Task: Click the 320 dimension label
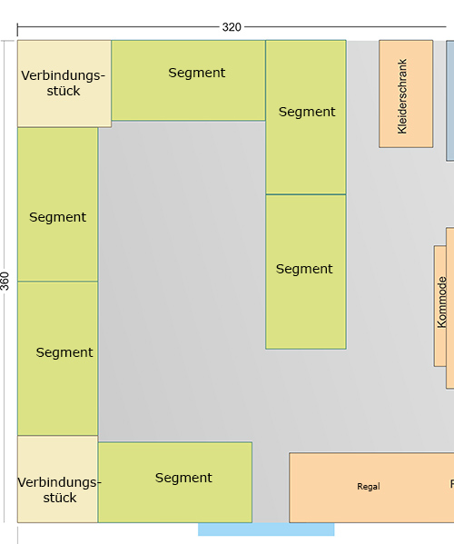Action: click(232, 27)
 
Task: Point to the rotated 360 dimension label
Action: click(5, 281)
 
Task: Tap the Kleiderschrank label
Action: click(402, 96)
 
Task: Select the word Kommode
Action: click(441, 302)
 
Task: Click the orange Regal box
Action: click(371, 488)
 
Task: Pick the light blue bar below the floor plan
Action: click(266, 529)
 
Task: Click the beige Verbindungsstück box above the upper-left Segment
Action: click(64, 84)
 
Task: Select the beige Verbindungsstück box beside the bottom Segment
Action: click(57, 480)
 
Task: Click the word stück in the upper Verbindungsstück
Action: click(64, 91)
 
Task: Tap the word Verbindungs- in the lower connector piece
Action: click(59, 482)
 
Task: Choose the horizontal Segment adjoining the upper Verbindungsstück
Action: click(188, 81)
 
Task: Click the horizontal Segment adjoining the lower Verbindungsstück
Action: click(175, 482)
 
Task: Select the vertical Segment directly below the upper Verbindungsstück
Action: click(57, 204)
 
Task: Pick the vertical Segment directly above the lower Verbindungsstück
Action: click(57, 359)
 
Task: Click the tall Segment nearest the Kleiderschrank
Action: click(306, 117)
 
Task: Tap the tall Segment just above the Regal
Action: click(306, 272)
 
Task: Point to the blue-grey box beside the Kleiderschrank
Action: click(450, 101)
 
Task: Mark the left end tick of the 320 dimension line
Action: click(17, 29)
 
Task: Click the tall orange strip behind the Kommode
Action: click(450, 308)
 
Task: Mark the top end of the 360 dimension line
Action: click(5, 41)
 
